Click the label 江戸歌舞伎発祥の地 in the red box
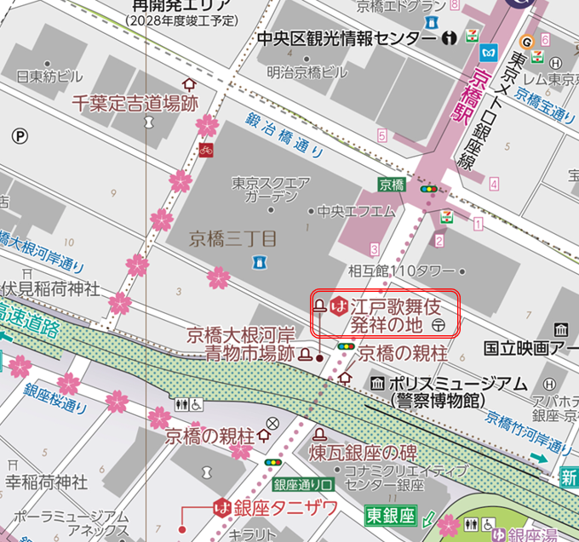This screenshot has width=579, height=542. click(x=392, y=314)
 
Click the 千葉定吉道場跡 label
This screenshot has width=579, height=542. click(x=135, y=103)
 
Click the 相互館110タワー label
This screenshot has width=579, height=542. click(x=402, y=271)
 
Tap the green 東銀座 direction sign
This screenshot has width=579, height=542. click(x=390, y=516)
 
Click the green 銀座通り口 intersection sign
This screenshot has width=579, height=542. click(x=302, y=484)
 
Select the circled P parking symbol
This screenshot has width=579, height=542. click(x=20, y=134)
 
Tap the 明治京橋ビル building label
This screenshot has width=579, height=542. click(x=307, y=72)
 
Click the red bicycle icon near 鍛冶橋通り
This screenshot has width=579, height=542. click(x=204, y=151)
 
